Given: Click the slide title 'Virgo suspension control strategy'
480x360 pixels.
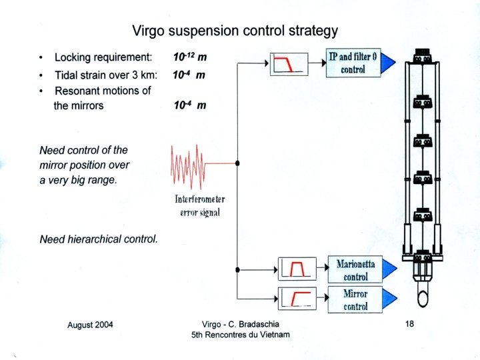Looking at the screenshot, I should pyautogui.click(x=234, y=31).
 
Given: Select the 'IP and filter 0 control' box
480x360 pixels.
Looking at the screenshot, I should pyautogui.click(x=353, y=63).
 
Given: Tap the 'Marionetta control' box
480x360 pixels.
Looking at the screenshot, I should pyautogui.click(x=355, y=270).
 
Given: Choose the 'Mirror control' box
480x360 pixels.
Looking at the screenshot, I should pyautogui.click(x=355, y=299).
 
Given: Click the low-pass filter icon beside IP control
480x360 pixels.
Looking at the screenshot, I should pyautogui.click(x=289, y=63).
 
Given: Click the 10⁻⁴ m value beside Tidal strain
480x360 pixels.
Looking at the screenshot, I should pyautogui.click(x=189, y=75).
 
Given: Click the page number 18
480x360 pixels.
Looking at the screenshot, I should pyautogui.click(x=410, y=323).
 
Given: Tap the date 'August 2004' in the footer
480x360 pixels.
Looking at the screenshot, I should pyautogui.click(x=90, y=325).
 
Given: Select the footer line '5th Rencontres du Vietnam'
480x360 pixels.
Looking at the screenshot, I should pyautogui.click(x=241, y=335).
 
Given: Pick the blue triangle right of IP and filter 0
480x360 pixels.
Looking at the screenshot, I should pyautogui.click(x=388, y=63).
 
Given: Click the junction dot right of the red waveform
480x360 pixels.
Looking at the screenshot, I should pyautogui.click(x=237, y=162).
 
